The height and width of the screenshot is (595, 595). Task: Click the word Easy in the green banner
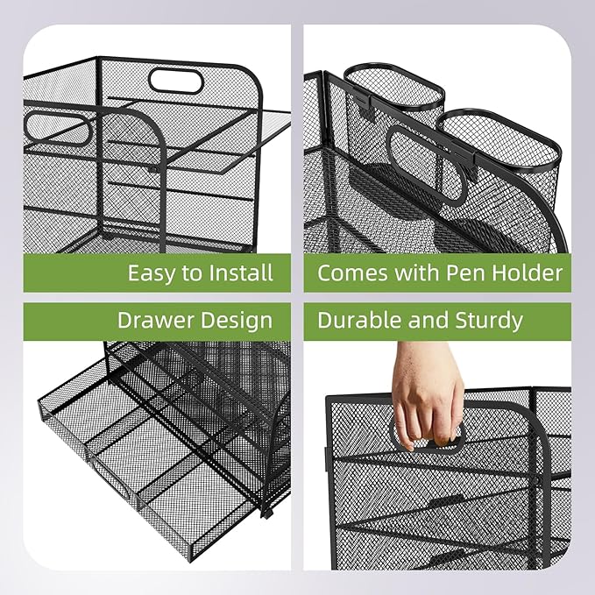[x=152, y=273]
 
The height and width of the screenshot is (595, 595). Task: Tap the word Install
[x=241, y=273]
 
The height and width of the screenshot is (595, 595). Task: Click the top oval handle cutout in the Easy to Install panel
[x=177, y=81]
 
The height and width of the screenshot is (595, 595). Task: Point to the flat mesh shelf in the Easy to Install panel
[x=228, y=140]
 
